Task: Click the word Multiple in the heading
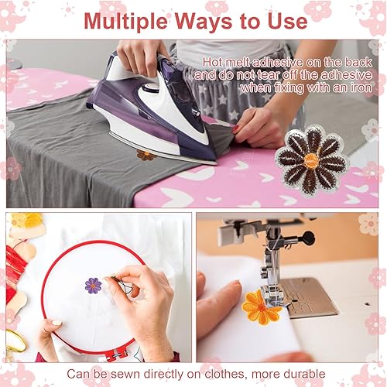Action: [125, 22]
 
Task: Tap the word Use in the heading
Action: [287, 21]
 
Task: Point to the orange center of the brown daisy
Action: [311, 160]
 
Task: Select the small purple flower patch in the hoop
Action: [93, 286]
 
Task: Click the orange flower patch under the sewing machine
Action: [261, 307]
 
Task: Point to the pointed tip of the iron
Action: [216, 163]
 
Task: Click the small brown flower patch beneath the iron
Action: [146, 156]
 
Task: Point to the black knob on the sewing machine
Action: [308, 238]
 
